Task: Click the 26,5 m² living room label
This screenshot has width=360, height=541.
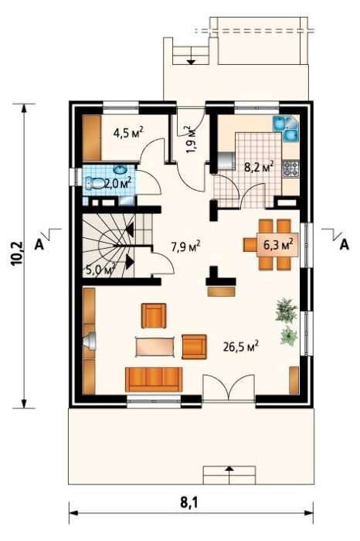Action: [x=241, y=346]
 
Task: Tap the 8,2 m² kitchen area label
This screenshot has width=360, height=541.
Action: [x=260, y=167]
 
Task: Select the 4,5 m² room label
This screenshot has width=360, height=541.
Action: [x=128, y=132]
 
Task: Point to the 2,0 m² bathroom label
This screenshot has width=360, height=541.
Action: [x=117, y=182]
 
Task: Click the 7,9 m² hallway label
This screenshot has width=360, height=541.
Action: [x=186, y=247]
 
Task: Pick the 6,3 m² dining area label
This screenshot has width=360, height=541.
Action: [x=278, y=245]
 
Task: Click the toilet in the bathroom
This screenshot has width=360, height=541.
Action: [x=94, y=183]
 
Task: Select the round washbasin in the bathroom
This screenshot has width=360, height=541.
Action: [x=120, y=170]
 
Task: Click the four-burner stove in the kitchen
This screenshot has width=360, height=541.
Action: [x=290, y=168]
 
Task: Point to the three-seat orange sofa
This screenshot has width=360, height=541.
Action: [x=154, y=379]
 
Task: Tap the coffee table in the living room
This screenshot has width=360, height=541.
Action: [x=155, y=347]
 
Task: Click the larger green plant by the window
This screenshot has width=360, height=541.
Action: [x=286, y=310]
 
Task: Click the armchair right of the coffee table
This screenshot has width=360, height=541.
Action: [x=194, y=347]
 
